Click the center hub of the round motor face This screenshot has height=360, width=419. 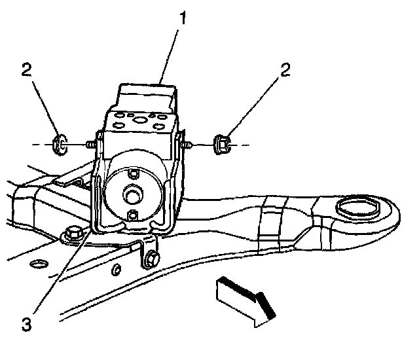click(x=132, y=194)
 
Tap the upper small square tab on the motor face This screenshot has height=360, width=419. click(x=133, y=173)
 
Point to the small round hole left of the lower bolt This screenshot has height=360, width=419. click(x=115, y=270)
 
